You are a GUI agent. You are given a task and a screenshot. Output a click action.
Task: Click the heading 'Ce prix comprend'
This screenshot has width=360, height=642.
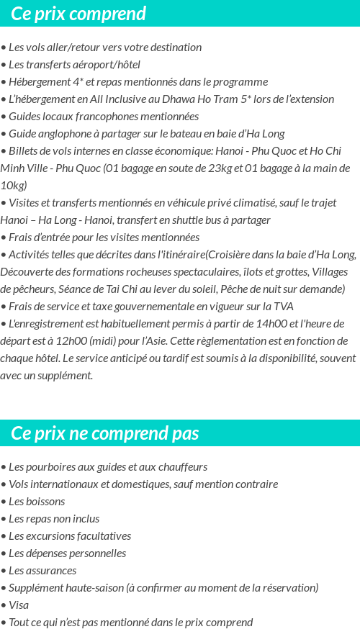click(x=78, y=14)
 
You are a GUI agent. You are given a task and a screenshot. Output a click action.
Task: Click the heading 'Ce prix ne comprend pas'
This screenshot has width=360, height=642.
click(x=105, y=433)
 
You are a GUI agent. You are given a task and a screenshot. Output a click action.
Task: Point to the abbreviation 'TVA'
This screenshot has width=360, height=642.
click(x=283, y=307)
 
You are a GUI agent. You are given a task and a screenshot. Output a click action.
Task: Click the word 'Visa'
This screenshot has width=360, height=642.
click(x=19, y=605)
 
